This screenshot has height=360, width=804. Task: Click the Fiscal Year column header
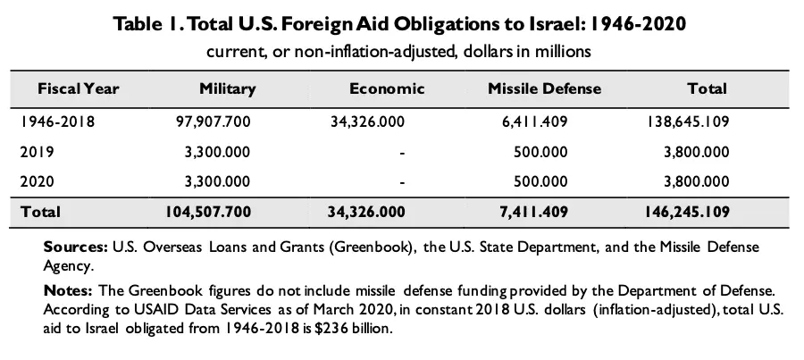click(78, 88)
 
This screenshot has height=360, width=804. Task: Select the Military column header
click(228, 88)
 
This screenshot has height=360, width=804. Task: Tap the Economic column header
click(386, 88)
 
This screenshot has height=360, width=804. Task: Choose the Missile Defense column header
click(545, 88)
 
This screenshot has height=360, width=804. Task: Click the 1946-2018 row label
click(57, 121)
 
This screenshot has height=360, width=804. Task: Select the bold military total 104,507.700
click(208, 212)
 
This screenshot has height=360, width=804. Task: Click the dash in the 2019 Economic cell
click(404, 153)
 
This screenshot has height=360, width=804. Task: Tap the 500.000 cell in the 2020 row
click(541, 181)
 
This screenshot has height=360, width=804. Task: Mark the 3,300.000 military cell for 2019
click(216, 152)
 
